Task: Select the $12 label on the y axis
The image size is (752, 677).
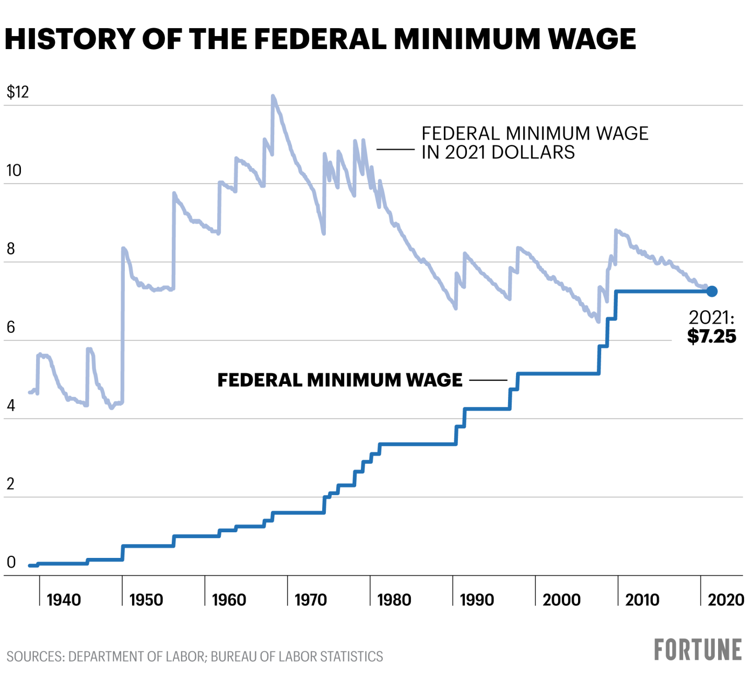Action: tap(17, 92)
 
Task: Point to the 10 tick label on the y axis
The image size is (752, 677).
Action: tap(14, 171)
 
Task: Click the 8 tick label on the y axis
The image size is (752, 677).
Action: tap(10, 249)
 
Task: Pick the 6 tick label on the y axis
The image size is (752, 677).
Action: tap(10, 328)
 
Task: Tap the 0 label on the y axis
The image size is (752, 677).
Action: tap(11, 563)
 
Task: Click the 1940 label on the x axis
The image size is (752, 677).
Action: tap(64, 600)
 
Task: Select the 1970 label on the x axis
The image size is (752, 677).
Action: tap(311, 600)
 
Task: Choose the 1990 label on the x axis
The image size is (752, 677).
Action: tap(477, 600)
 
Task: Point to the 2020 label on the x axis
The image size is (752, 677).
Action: tap(726, 600)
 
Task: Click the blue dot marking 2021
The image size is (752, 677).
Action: tap(712, 291)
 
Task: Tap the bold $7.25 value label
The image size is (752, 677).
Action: tap(711, 336)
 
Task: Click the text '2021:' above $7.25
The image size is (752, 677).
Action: tap(711, 318)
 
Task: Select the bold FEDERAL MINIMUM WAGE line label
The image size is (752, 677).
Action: tap(339, 380)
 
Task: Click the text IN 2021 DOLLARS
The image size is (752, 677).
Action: tap(498, 153)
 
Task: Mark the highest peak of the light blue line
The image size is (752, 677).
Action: tap(273, 96)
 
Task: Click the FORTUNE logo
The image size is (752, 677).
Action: tap(698, 650)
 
